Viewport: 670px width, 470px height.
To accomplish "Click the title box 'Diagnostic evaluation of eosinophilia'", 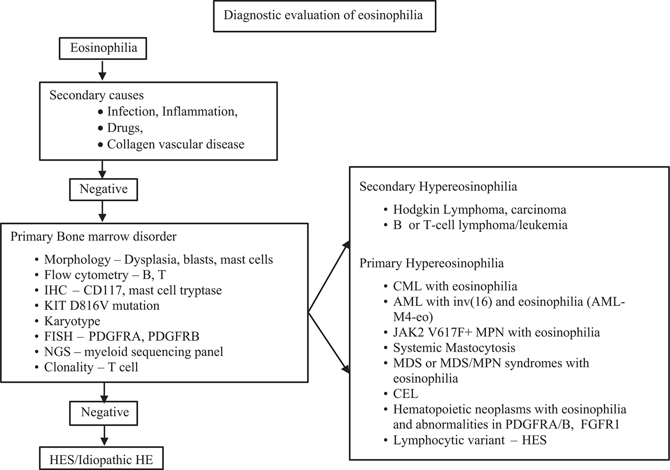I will tap(324, 16).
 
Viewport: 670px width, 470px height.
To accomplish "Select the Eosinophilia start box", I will tap(103, 48).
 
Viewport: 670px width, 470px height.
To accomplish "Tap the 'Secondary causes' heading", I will tap(97, 95).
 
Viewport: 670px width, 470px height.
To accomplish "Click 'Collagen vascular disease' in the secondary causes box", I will tap(175, 144).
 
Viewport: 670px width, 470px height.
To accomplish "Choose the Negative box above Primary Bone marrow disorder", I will tap(103, 189).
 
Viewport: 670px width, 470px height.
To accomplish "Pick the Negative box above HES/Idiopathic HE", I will tap(105, 412).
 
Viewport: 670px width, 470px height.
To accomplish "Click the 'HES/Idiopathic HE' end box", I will tap(101, 460).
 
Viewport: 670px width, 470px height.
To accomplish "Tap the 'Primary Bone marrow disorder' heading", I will tap(93, 237).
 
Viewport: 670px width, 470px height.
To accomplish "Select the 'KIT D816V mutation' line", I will tap(101, 305).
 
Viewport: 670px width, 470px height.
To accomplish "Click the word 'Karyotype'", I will tap(72, 321).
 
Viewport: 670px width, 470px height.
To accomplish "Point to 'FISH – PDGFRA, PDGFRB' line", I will tap(122, 337).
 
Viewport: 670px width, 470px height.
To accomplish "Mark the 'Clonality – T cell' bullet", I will tap(91, 367).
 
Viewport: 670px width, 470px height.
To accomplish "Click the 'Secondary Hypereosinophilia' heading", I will tap(438, 187).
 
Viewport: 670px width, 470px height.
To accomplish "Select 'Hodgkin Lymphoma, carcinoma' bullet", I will tap(480, 209).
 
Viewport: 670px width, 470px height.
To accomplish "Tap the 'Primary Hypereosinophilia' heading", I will tap(431, 263).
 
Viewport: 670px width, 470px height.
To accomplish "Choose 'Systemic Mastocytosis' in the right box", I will tap(454, 348).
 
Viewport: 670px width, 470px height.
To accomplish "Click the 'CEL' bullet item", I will tap(405, 393).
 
